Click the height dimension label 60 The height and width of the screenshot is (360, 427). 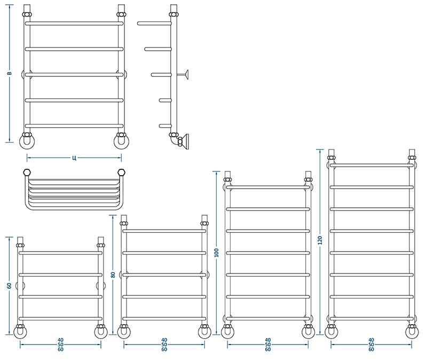pos(9,286)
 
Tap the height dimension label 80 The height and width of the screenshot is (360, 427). pos(113,275)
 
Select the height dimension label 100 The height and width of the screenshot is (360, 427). pos(217,253)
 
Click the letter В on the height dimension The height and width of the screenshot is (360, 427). pos(9,73)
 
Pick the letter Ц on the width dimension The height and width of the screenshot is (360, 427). pos(74,158)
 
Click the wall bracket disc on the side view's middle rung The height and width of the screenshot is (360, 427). pos(186,74)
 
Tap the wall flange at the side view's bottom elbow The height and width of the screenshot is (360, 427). pos(186,142)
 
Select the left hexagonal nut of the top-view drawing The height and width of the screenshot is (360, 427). pos(27,172)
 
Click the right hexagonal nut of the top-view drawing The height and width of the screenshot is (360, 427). pos(122,172)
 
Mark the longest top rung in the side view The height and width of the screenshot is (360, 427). pos(154,24)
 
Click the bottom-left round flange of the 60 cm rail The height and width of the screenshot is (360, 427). pos(20,332)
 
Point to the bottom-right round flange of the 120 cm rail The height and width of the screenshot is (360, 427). pos(412,332)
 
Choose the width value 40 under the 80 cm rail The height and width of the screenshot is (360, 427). pos(164,340)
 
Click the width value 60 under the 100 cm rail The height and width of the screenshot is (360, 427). pos(268,349)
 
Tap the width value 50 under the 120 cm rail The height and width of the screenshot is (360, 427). pos(371,345)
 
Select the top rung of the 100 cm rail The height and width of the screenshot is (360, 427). pos(268,187)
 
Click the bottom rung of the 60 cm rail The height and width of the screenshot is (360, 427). pos(60,318)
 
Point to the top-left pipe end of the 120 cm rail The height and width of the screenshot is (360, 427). pos(331,152)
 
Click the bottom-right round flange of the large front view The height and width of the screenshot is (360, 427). pos(122,142)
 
